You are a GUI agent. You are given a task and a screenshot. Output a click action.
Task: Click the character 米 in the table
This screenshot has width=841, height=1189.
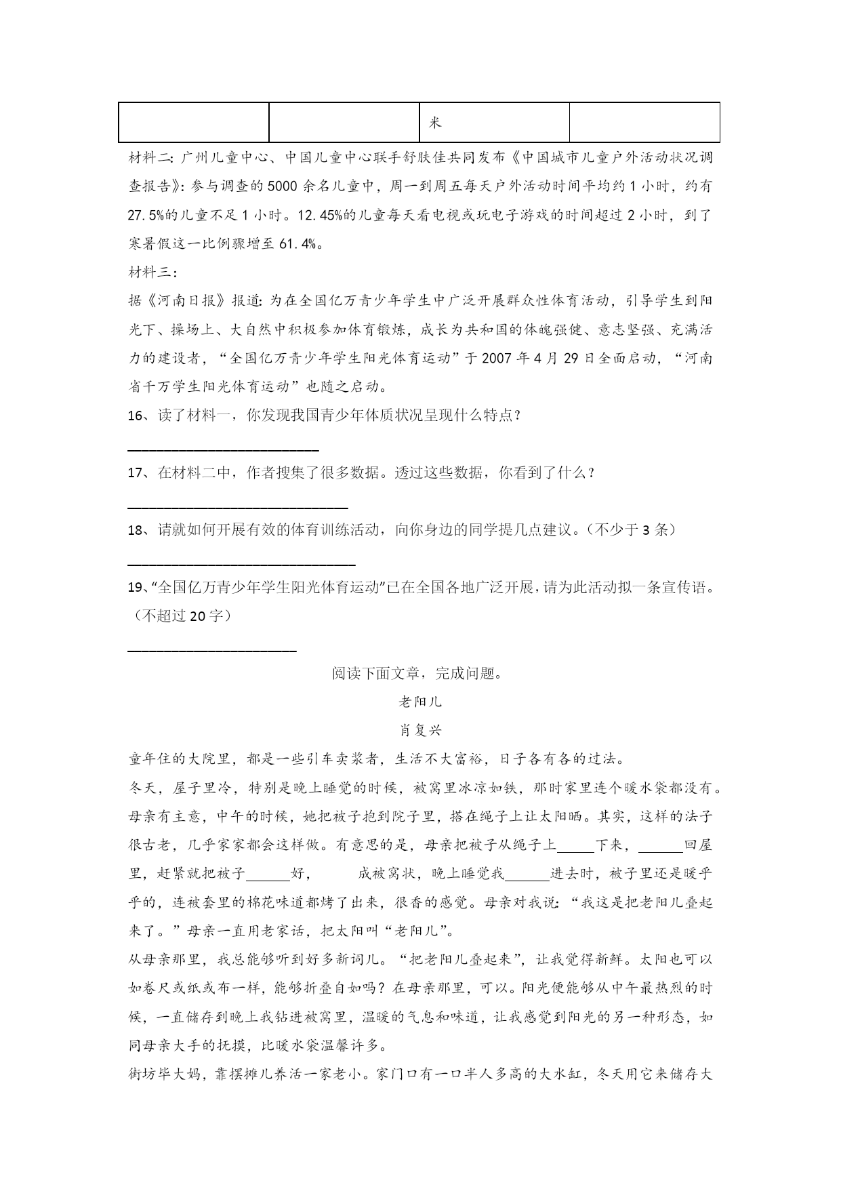434,123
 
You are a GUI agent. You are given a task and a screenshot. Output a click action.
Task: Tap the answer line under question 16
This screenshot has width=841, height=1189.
223,449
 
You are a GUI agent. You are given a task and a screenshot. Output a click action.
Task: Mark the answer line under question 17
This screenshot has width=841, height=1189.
238,506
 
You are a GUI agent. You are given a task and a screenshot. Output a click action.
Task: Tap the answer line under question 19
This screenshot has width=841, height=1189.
212,651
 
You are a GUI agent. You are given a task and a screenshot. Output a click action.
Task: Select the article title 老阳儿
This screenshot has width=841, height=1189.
420,702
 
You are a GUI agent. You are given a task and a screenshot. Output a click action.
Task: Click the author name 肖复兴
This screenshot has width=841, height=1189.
420,730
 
